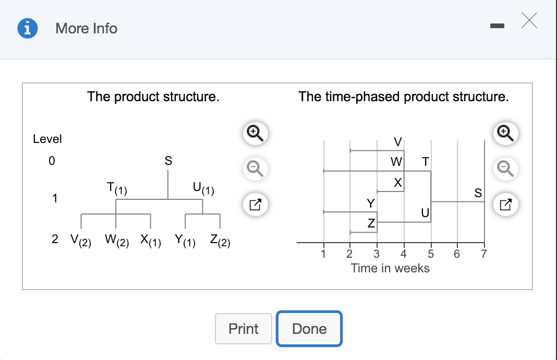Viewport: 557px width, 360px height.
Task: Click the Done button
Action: (x=309, y=329)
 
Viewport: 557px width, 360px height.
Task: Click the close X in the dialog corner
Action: (x=529, y=21)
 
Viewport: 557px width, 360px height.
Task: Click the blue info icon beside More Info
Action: (x=28, y=28)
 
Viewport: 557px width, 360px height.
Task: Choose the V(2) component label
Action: (x=80, y=240)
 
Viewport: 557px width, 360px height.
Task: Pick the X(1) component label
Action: (x=151, y=240)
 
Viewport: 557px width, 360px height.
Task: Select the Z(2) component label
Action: (x=220, y=240)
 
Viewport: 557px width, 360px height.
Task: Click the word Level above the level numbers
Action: (x=47, y=139)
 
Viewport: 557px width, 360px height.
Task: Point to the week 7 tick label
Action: (x=483, y=255)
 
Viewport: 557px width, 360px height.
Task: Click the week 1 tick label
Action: (x=323, y=255)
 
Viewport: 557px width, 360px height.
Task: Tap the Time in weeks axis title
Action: (x=390, y=268)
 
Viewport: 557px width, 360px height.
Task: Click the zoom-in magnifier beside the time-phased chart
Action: (x=504, y=134)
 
